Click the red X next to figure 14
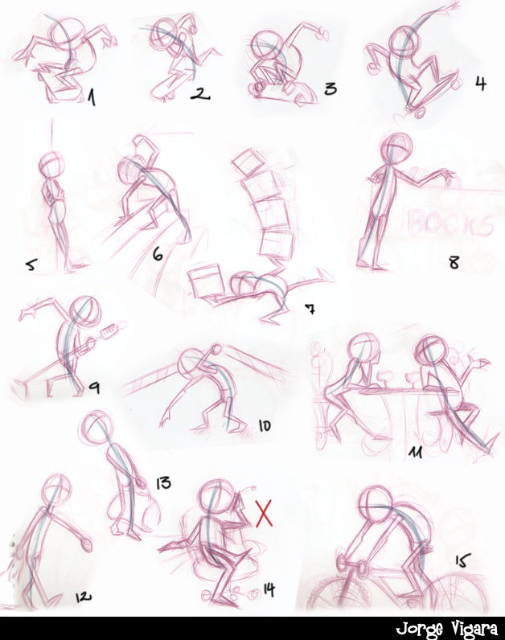pos(264,513)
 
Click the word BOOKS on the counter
pos(450,224)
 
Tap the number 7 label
pos(310,310)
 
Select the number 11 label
pos(417,451)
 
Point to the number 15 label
pos(462,560)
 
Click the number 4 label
pos(481,84)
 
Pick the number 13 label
pos(163,483)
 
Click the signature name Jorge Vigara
pos(446,629)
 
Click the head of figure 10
pos(193,363)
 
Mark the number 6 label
pos(158,254)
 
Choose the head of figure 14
pos(217,496)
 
